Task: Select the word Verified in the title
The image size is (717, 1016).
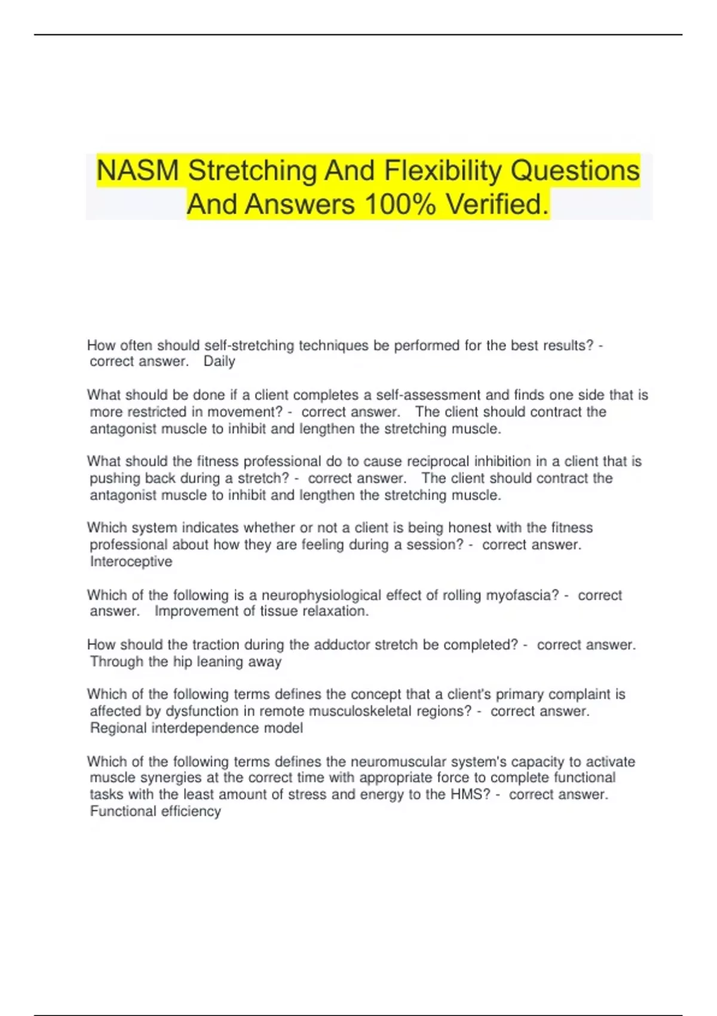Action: click(497, 204)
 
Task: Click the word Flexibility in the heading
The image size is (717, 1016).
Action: click(443, 171)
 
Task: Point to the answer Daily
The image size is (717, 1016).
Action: click(219, 362)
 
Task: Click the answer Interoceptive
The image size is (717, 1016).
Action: click(131, 562)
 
